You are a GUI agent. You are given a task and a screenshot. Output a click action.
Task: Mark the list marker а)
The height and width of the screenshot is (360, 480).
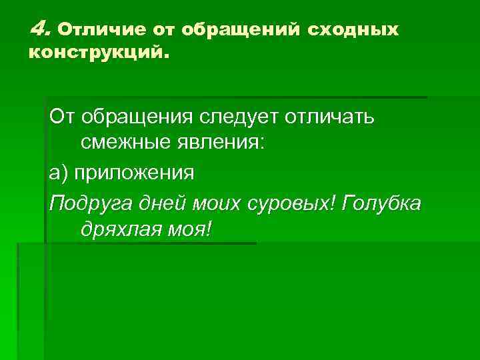(x=59, y=173)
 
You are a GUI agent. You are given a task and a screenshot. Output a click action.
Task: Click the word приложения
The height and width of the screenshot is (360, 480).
(x=133, y=173)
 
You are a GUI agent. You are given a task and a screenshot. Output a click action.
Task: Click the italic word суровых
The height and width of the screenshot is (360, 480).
(x=292, y=202)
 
